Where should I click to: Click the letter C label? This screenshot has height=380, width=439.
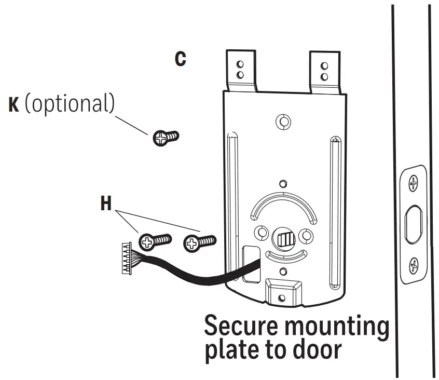[180, 59]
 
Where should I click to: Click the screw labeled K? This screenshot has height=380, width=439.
[166, 138]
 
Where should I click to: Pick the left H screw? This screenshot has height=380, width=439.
[155, 240]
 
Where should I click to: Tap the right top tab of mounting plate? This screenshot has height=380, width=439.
[324, 71]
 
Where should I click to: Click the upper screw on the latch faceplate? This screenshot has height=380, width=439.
[414, 183]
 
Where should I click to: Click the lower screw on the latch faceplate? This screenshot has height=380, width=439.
[414, 266]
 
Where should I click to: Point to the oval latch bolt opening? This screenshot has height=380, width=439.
[414, 224]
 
